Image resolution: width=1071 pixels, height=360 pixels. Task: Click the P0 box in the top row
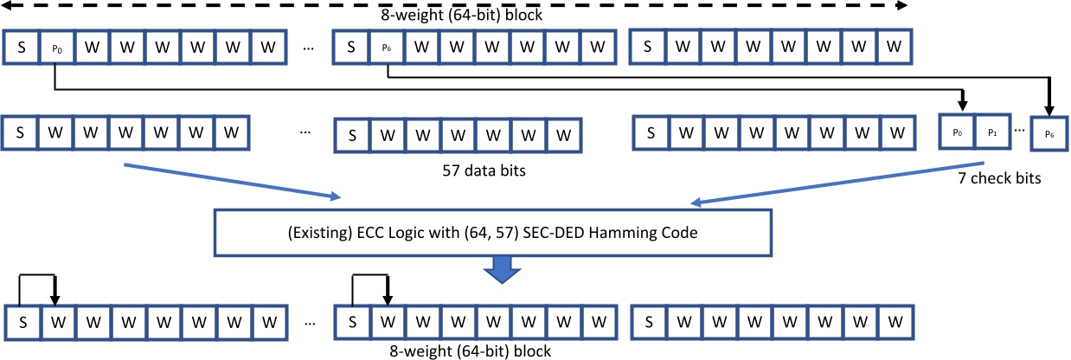coord(56,48)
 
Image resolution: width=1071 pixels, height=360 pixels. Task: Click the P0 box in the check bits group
coord(957,133)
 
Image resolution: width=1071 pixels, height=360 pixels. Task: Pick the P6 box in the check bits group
coord(1049,135)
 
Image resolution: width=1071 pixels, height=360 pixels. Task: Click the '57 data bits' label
coord(484,170)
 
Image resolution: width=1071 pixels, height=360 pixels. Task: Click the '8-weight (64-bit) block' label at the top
coord(456,16)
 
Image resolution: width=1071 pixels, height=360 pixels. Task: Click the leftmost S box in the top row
coord(21,48)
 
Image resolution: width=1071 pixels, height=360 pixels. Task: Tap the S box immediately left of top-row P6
coord(351,48)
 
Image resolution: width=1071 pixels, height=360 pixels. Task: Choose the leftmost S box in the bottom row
coord(21,322)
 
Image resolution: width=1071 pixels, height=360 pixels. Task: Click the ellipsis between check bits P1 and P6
coord(1020,131)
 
